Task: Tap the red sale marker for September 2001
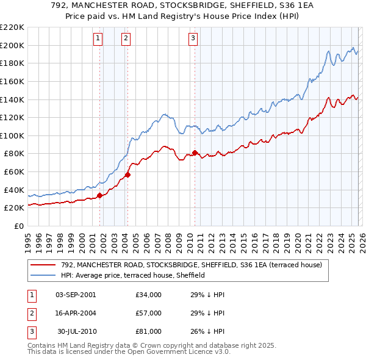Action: (99, 196)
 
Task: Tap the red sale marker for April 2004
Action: (128, 175)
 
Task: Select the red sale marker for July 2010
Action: (195, 153)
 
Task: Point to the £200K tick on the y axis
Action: (12, 45)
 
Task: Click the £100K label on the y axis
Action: (12, 135)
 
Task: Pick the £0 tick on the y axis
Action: (18, 226)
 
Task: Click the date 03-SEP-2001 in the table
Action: (76, 295)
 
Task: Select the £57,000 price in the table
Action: (149, 313)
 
